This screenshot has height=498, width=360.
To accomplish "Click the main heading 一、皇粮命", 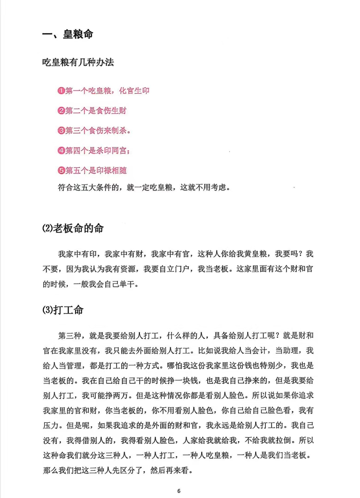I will pyautogui.click(x=67, y=35).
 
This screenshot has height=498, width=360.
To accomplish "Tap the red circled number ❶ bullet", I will pyautogui.click(x=61, y=91).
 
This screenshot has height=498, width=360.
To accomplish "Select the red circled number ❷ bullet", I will pyautogui.click(x=61, y=111).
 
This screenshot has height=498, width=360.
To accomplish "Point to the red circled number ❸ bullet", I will pyautogui.click(x=61, y=130).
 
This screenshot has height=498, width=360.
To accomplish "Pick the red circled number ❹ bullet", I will pyautogui.click(x=61, y=150).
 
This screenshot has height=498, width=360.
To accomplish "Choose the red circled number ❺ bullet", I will pyautogui.click(x=61, y=171).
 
